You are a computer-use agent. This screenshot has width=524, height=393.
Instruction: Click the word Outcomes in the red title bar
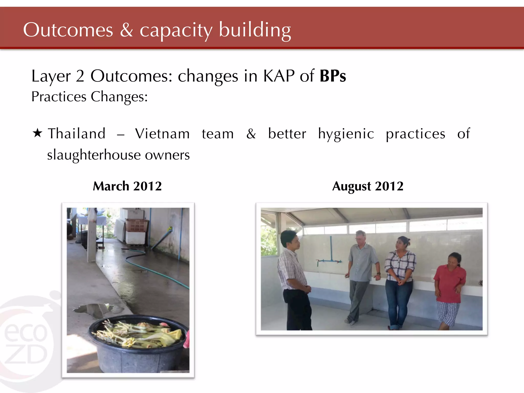[x=68, y=30]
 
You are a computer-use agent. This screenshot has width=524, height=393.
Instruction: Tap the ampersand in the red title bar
[x=126, y=30]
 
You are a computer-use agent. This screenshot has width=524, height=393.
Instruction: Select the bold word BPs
[x=333, y=76]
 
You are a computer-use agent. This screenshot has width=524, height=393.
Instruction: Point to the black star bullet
[x=37, y=133]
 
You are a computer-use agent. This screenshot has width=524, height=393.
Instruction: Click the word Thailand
[x=77, y=134]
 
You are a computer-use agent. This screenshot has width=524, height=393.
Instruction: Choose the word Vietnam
[x=162, y=134]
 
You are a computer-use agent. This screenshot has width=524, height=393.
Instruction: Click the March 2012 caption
[x=127, y=186]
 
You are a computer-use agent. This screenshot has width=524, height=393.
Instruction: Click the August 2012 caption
[x=368, y=186]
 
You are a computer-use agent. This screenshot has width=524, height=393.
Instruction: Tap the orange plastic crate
[x=137, y=225]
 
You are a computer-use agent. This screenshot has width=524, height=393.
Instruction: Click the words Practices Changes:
[x=90, y=97]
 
